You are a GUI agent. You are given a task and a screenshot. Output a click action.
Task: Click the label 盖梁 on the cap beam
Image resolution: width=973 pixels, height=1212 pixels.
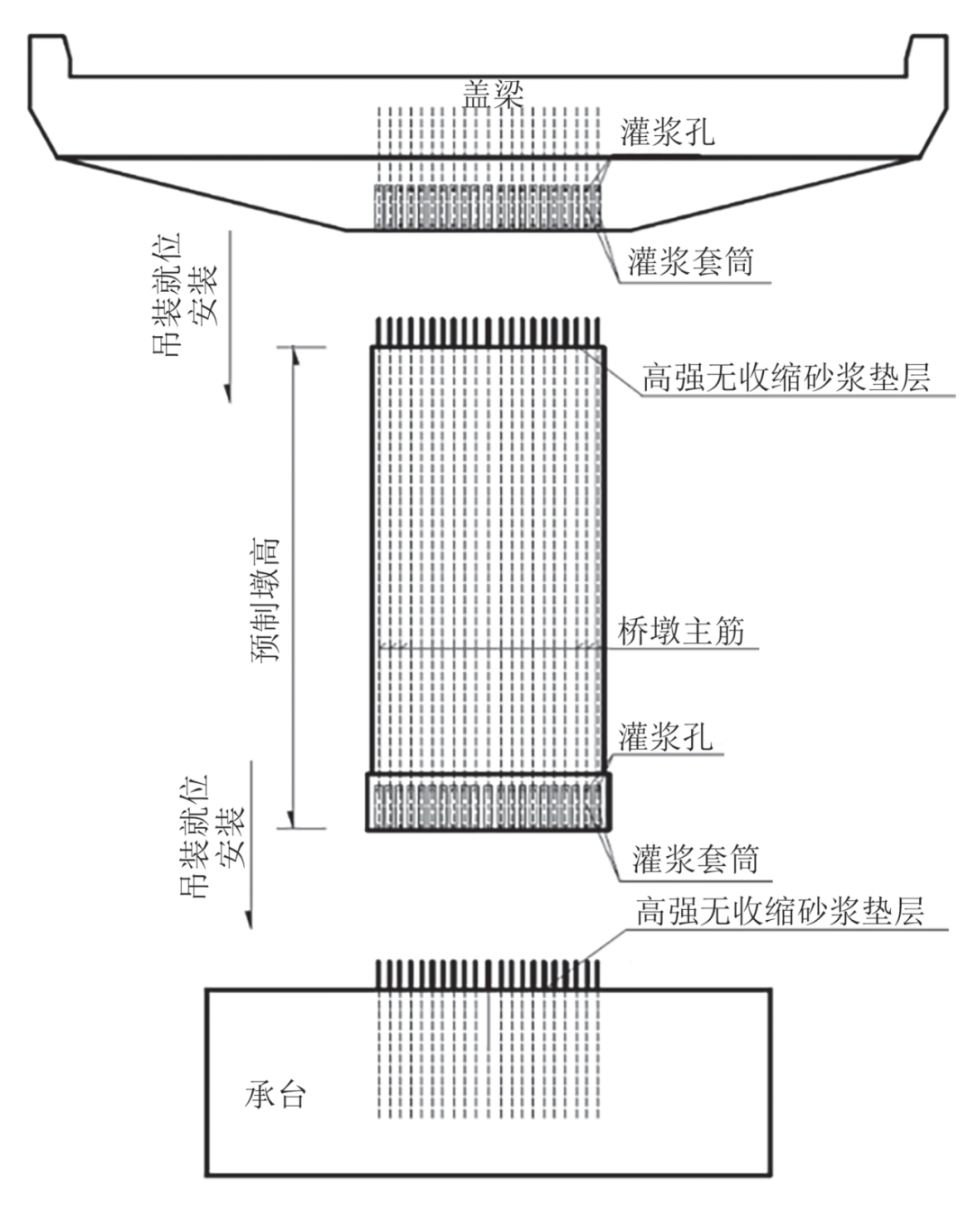click(492, 94)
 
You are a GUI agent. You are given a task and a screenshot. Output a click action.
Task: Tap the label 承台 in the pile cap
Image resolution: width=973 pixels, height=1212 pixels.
click(276, 1094)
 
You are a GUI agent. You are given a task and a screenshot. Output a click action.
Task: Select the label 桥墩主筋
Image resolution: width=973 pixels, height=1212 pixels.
click(681, 631)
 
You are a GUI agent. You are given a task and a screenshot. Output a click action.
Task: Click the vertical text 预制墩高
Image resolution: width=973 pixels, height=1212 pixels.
click(265, 599)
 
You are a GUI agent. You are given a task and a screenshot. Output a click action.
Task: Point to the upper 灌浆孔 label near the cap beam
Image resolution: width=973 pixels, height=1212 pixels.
click(667, 132)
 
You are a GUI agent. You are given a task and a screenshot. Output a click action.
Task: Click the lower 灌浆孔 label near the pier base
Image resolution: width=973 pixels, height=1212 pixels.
click(665, 737)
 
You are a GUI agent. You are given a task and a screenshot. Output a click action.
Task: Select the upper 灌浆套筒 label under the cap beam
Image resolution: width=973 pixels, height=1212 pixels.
click(690, 262)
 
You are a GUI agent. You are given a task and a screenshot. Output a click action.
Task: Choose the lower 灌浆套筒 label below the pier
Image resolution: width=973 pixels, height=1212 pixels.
click(695, 859)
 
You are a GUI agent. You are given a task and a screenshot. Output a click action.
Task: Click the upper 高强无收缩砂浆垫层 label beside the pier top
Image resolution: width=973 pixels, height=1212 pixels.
click(785, 377)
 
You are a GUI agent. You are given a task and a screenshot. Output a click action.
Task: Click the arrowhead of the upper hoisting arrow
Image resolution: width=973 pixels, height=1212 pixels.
click(228, 393)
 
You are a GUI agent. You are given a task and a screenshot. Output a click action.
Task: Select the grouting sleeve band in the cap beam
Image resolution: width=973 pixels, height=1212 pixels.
click(486, 206)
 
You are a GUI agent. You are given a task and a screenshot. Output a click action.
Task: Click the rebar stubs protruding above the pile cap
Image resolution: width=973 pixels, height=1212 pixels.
click(487, 974)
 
